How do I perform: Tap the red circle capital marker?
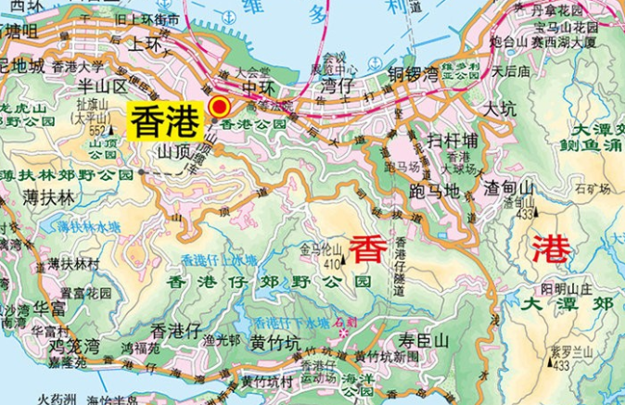[220, 106]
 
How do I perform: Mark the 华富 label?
[51, 304]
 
